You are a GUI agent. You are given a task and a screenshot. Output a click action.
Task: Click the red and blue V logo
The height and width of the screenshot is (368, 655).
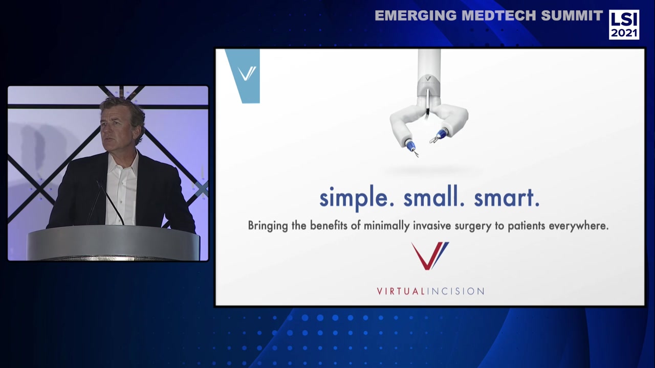click(430, 256)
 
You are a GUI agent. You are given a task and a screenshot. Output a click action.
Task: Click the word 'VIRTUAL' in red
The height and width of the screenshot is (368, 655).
click(401, 291)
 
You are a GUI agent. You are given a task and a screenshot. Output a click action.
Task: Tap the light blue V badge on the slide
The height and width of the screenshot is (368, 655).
click(244, 75)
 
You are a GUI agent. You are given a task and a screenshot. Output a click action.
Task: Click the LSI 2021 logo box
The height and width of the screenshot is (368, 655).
click(624, 25)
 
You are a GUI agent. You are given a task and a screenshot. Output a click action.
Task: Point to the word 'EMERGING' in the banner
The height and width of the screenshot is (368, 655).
click(416, 16)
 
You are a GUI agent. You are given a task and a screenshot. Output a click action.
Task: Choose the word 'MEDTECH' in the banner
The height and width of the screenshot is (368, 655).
click(495, 16)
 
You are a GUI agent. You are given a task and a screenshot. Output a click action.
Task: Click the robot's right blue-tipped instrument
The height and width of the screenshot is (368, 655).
click(441, 135)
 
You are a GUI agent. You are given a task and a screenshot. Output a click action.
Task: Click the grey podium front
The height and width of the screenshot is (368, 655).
click(114, 244)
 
